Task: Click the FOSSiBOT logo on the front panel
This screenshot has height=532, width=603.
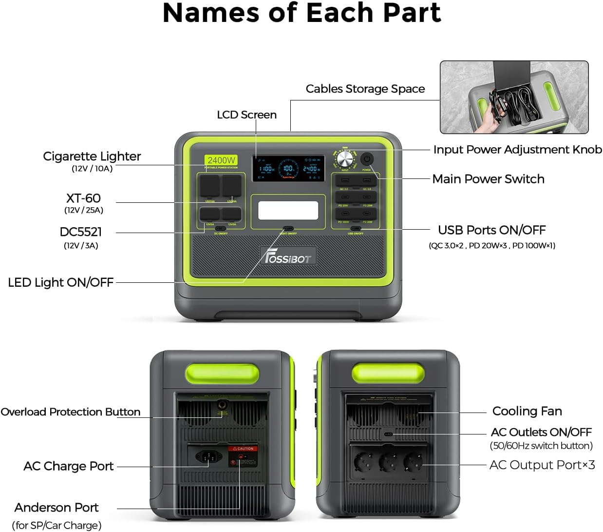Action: (288, 256)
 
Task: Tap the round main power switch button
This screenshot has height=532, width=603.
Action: (367, 159)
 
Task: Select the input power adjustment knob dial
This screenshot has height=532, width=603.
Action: (345, 159)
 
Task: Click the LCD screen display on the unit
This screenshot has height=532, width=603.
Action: (288, 169)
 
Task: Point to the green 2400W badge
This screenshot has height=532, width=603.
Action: (221, 160)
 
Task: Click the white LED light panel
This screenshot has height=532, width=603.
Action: (288, 211)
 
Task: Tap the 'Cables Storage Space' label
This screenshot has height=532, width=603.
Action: (365, 89)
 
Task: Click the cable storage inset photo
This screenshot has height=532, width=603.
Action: (514, 97)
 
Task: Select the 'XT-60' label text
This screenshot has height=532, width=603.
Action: (83, 198)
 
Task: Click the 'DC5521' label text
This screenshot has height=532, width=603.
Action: (81, 232)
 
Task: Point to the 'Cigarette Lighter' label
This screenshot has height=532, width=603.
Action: (92, 157)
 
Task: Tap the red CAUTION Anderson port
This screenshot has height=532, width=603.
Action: (243, 457)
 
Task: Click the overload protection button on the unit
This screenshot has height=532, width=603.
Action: (223, 405)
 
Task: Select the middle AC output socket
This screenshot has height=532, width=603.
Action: (388, 461)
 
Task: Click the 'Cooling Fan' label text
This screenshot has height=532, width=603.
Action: (527, 411)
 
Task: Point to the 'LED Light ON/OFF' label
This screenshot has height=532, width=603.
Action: (61, 282)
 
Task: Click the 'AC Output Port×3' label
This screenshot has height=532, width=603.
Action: (542, 465)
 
